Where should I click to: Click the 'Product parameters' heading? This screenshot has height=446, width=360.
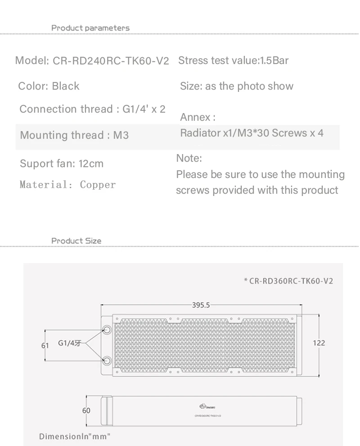point(90,28)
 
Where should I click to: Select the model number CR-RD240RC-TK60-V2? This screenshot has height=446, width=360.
point(111,61)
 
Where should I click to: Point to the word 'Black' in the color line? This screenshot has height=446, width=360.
point(66,86)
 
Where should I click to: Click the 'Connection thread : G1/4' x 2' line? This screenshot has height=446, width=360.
point(92,109)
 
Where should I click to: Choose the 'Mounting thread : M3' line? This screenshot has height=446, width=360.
point(74,135)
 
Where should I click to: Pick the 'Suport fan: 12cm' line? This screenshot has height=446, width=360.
point(62,164)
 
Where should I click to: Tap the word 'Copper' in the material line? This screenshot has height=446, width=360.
point(98,185)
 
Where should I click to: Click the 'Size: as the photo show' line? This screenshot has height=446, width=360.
point(236,86)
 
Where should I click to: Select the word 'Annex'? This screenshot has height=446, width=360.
point(195,118)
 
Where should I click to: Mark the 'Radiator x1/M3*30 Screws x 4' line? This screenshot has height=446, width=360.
point(252,133)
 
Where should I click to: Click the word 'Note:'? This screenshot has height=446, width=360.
point(189,158)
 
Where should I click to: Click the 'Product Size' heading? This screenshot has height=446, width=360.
point(76,241)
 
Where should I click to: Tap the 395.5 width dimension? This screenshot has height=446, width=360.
point(201,305)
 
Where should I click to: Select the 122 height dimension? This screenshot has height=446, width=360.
point(319,343)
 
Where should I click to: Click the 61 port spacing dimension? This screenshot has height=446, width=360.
point(45,346)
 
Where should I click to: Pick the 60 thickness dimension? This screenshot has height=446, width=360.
point(86,410)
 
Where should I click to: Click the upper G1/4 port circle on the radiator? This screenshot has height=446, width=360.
point(108,330)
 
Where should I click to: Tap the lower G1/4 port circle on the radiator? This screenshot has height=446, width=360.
point(108,360)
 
